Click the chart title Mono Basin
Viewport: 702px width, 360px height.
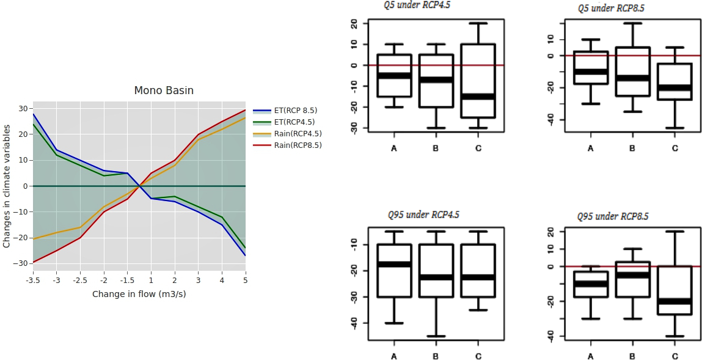(164, 90)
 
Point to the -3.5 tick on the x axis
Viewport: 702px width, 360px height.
(33, 280)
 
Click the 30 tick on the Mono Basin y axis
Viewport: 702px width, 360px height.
(23, 109)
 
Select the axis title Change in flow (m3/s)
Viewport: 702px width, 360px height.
(139, 294)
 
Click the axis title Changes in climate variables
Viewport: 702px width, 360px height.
(7, 186)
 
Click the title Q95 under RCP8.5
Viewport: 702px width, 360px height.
(613, 216)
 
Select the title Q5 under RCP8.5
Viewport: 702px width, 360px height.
(612, 8)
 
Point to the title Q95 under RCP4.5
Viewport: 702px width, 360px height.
(423, 215)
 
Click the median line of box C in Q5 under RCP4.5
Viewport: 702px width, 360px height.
(478, 97)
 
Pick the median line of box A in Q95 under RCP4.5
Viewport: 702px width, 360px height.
(394, 264)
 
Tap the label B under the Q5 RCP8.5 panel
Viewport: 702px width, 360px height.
(632, 149)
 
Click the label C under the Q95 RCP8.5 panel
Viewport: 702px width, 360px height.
(675, 356)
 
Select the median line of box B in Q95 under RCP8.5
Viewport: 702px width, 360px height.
(632, 275)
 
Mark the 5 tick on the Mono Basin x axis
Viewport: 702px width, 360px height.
(245, 280)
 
